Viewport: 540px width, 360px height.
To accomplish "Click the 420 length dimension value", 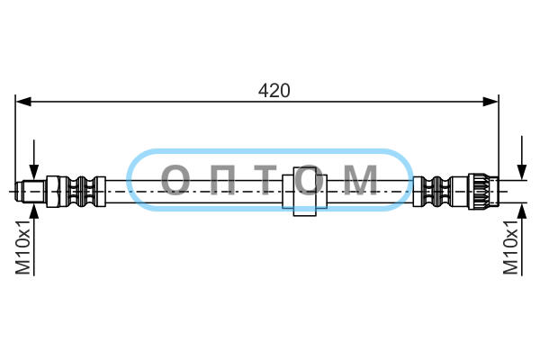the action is coord(274,91).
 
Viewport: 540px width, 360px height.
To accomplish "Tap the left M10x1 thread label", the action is coord(23,247).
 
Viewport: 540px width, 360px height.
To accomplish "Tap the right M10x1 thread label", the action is coord(510,247).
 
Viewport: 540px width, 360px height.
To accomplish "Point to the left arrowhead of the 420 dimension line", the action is coord(23,102).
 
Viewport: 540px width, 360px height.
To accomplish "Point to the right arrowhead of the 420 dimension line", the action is coord(490,102).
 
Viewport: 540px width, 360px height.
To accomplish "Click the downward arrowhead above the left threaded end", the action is coord(34,172).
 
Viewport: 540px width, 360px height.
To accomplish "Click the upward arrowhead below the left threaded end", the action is coord(34,211).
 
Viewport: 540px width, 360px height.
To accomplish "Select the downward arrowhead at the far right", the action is coord(522,172).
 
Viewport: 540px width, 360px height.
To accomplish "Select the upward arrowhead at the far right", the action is coord(522,211).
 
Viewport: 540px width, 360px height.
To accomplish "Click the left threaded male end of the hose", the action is coord(31,191).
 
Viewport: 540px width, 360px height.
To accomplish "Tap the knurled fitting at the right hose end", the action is coord(482,191).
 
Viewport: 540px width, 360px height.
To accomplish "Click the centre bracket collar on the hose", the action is coord(304,191).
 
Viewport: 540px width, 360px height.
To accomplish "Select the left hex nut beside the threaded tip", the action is coord(58,192).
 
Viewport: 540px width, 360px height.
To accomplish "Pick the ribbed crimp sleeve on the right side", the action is coord(432,192).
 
